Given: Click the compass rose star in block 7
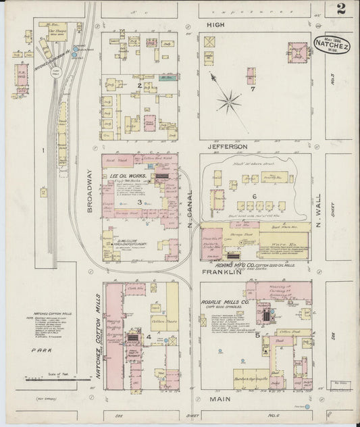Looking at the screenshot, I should [x=230, y=103].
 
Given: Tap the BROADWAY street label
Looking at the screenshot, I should [x=89, y=200].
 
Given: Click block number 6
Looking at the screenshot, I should [x=255, y=195].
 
